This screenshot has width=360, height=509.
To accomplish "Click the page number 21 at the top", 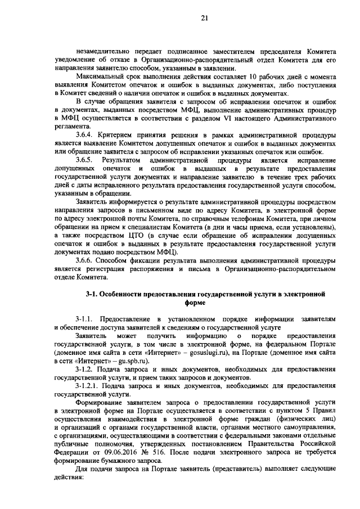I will (x=204, y=19).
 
